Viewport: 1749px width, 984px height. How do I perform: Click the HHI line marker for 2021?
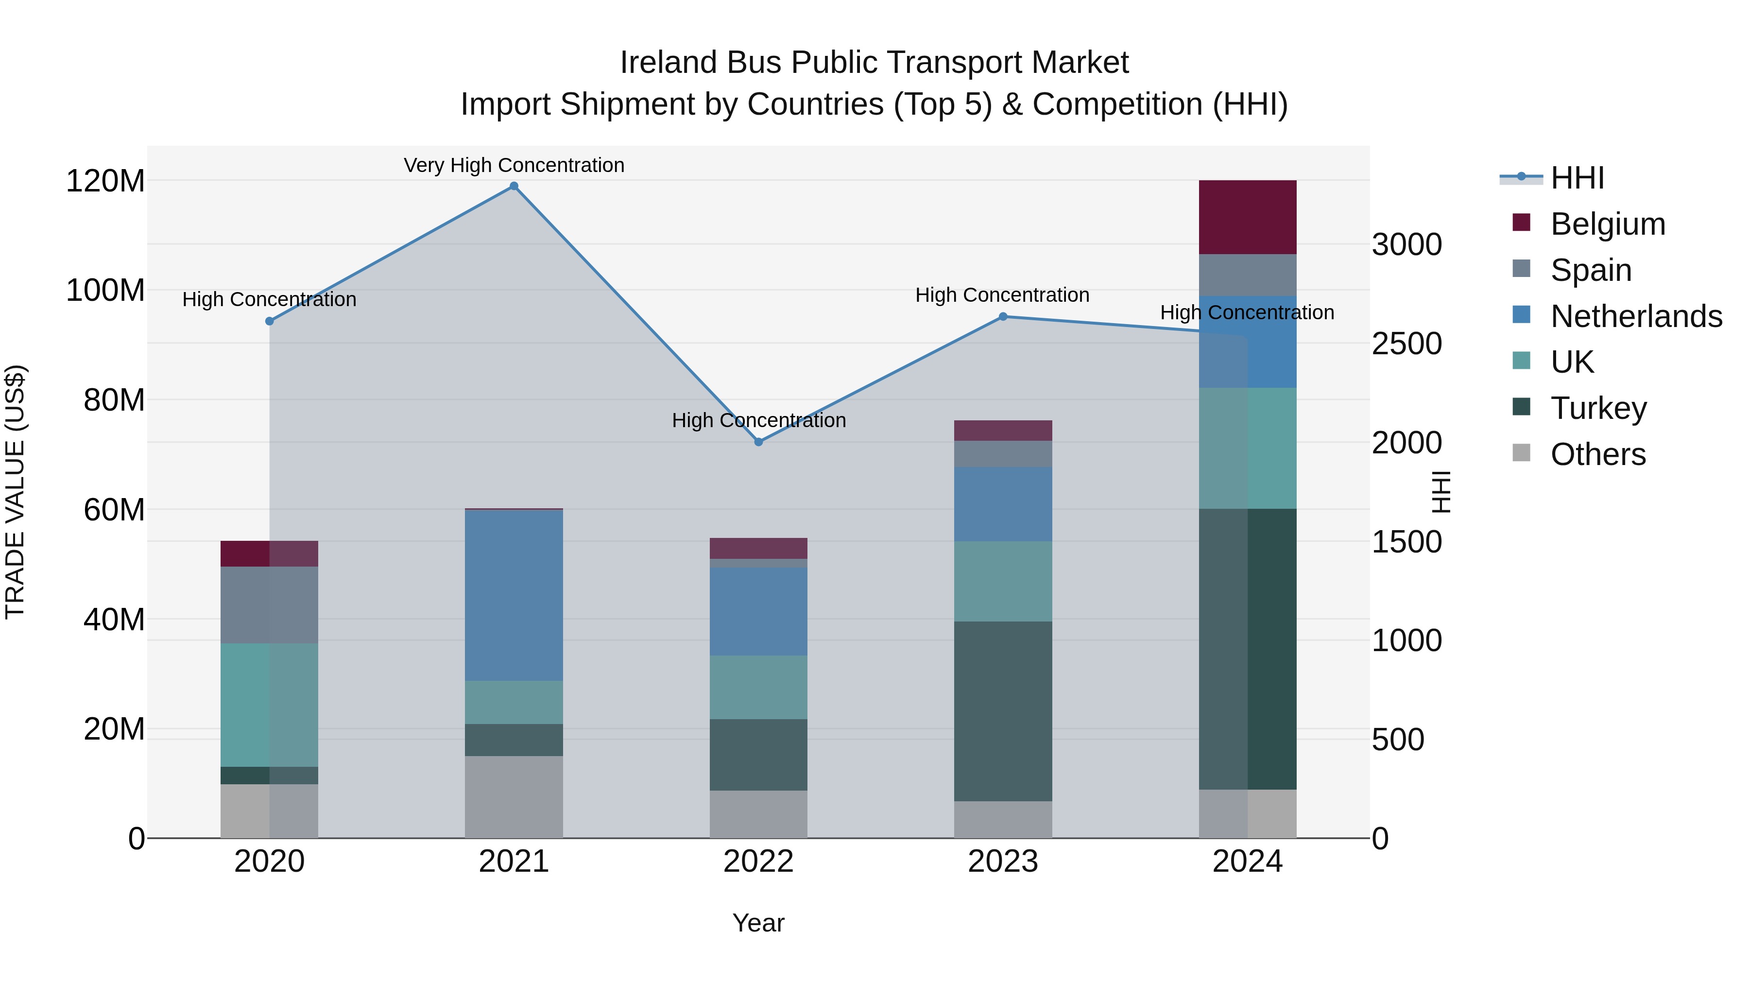point(514,186)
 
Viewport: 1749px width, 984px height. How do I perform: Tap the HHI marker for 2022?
point(758,442)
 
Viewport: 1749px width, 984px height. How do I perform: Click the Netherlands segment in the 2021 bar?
point(514,595)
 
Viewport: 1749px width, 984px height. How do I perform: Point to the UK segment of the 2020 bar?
point(270,705)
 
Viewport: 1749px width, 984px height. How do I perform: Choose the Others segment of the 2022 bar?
point(758,814)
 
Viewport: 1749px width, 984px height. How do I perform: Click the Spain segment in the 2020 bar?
point(270,605)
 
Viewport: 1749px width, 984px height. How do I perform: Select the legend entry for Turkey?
point(1598,408)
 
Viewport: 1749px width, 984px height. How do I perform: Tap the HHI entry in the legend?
point(1577,178)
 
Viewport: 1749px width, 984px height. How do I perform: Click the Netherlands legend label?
point(1636,316)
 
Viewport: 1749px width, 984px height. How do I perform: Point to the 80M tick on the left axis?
point(114,400)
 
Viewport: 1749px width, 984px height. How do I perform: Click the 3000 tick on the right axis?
point(1406,244)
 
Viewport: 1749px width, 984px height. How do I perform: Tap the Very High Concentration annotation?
point(514,165)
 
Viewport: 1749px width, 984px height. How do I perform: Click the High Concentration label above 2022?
point(758,420)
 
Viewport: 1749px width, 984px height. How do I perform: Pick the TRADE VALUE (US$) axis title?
point(15,492)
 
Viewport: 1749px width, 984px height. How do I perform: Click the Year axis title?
point(758,923)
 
